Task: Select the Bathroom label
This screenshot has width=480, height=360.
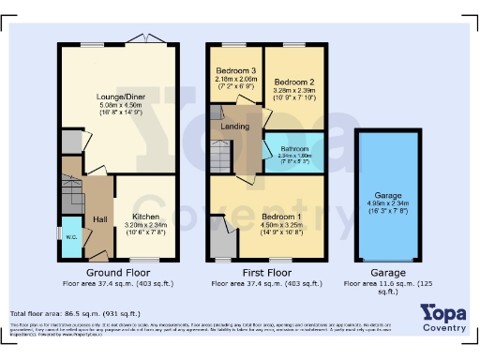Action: click(x=295, y=149)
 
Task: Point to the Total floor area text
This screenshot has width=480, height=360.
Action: click(x=75, y=313)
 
